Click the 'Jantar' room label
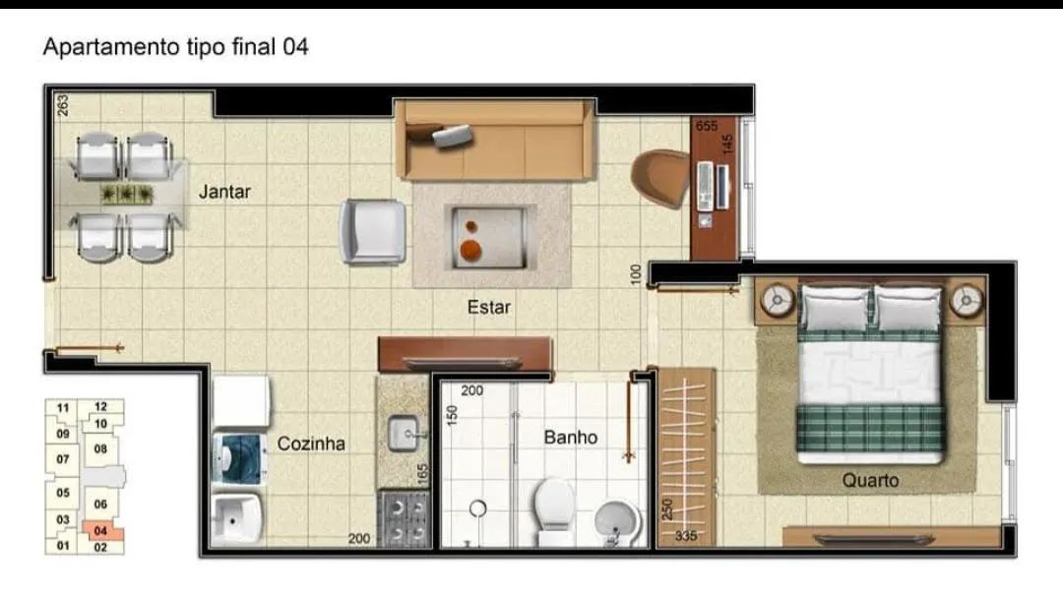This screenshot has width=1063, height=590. point(224,192)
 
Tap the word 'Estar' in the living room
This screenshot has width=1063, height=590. point(488,308)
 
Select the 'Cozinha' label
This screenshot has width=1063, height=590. point(311,443)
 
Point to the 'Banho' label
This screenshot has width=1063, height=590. point(571,437)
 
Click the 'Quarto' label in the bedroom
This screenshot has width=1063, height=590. point(870,481)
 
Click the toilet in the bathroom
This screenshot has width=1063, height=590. point(553,509)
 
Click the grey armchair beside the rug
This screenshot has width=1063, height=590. point(373,232)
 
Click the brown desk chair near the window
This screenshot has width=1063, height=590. point(660,177)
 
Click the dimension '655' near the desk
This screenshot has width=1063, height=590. point(706,126)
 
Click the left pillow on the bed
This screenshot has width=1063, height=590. point(836,308)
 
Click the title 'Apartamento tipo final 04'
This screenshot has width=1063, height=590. point(175,46)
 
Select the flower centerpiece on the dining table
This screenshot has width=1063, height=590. point(128,194)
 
